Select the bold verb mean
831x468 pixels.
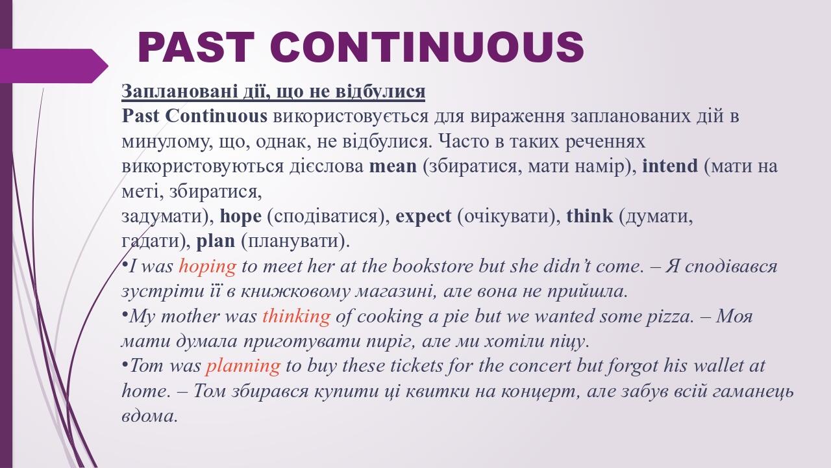tap(393, 166)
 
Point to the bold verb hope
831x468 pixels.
tap(241, 216)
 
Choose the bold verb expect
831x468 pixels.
tap(423, 216)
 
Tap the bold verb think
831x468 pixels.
tap(589, 216)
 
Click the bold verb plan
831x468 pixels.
tap(216, 241)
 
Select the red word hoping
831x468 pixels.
tap(207, 266)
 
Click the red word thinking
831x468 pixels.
tap(296, 317)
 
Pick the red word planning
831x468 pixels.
tap(243, 366)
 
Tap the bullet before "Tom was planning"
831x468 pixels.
tap(125, 364)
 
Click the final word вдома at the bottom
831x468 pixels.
tap(149, 416)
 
